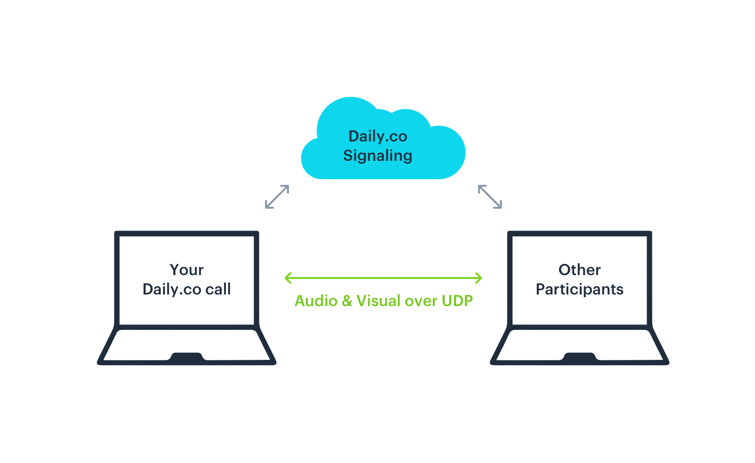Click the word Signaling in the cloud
point(377,156)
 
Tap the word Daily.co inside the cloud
point(378,137)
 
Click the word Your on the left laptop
point(187,270)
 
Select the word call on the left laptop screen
point(218,289)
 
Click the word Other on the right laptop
point(579,270)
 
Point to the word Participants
point(579,290)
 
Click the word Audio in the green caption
point(316,300)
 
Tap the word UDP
point(457,300)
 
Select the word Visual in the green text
point(378,300)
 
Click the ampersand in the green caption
point(347,300)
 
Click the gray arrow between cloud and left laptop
point(277,197)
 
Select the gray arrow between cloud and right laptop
point(490,197)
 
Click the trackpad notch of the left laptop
point(187,357)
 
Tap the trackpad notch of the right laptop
point(579,357)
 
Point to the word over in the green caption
point(422,301)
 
